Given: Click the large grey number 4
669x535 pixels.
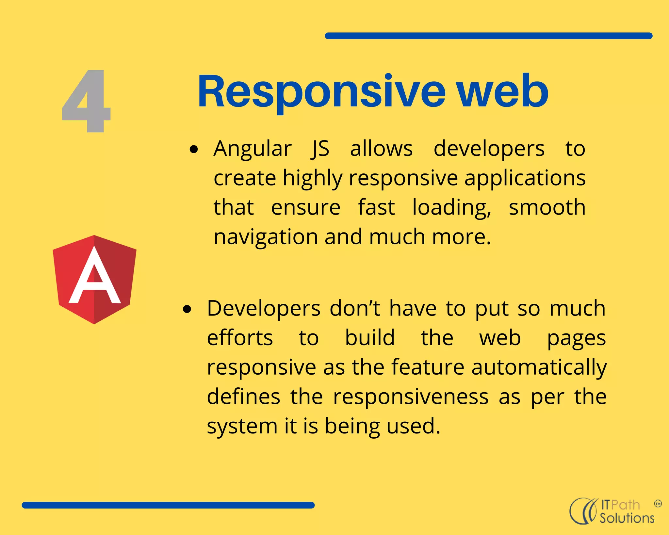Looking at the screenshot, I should pyautogui.click(x=87, y=101).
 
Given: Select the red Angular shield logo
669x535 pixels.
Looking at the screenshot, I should pyautogui.click(x=94, y=280).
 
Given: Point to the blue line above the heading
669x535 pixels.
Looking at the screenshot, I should pyautogui.click(x=488, y=36).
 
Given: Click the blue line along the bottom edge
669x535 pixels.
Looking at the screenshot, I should pyautogui.click(x=168, y=505).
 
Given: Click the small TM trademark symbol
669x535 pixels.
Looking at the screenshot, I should pyautogui.click(x=658, y=504).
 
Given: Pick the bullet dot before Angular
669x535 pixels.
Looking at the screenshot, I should pyautogui.click(x=194, y=150).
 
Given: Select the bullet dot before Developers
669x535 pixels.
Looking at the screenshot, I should pyautogui.click(x=187, y=309).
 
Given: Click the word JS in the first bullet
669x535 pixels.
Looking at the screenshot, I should pyautogui.click(x=320, y=149).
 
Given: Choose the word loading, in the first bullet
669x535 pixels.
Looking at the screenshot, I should pyautogui.click(x=451, y=208).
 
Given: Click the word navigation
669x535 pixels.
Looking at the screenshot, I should pyautogui.click(x=266, y=237).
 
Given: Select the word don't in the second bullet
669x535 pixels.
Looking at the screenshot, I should pyautogui.click(x=355, y=308).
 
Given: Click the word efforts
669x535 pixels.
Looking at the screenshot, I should pyautogui.click(x=240, y=338).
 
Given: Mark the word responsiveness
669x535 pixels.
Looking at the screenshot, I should pyautogui.click(x=411, y=397).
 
